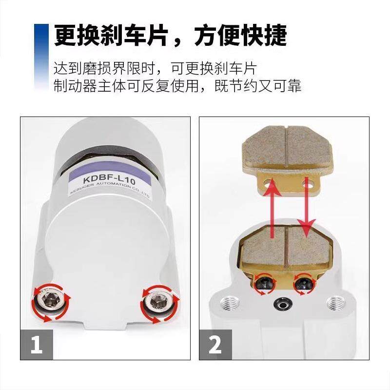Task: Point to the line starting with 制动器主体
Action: tap(177, 86)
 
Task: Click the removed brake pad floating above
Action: tap(285, 156)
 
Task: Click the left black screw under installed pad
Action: tap(265, 283)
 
